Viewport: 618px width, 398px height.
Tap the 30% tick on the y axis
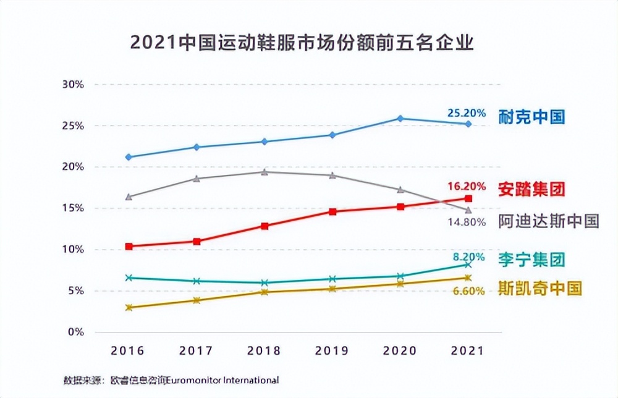(x=73, y=84)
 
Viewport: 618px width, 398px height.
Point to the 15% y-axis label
(x=73, y=208)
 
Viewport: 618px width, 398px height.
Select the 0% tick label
(x=75, y=332)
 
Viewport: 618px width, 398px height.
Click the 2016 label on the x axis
(x=127, y=351)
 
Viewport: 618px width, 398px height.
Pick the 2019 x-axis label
(x=332, y=351)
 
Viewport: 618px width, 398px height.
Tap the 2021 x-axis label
(x=468, y=351)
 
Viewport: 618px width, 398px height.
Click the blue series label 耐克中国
(x=532, y=117)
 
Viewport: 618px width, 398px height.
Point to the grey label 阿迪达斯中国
(x=549, y=221)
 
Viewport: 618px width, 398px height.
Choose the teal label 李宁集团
(x=532, y=260)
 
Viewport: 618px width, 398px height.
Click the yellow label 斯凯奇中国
(x=540, y=288)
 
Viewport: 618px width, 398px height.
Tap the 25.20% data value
(x=466, y=113)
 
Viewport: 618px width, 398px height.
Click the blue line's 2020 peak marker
(x=400, y=118)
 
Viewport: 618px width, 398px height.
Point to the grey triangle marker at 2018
(x=265, y=172)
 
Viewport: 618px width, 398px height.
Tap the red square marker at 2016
(x=129, y=247)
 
